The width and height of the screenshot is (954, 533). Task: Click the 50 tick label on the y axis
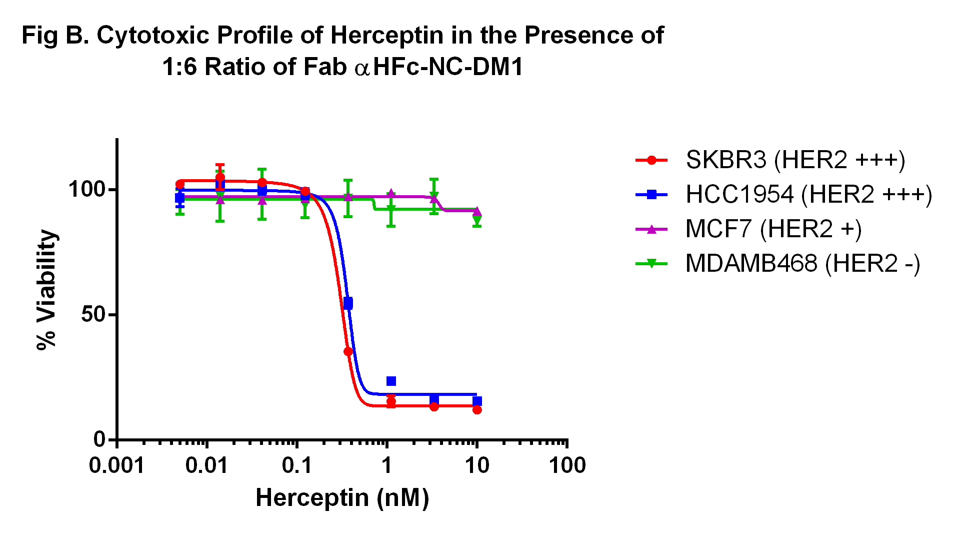click(x=93, y=315)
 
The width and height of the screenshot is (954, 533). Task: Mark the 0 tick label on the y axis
click(x=99, y=439)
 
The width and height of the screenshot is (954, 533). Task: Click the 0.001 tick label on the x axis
click(x=116, y=466)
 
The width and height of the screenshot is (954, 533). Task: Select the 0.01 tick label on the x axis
click(x=206, y=466)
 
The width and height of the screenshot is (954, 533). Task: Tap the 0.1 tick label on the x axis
click(x=296, y=466)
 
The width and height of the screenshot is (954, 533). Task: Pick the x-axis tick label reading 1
click(x=387, y=466)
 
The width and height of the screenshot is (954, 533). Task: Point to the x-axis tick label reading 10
click(x=477, y=466)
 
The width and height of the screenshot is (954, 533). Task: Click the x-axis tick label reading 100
click(x=567, y=466)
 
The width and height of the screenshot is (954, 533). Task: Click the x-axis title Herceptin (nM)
click(x=342, y=498)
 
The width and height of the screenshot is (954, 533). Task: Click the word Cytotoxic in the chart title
click(x=152, y=36)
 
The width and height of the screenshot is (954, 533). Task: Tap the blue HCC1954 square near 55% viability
click(x=348, y=303)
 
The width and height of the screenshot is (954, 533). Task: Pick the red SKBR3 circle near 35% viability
click(x=348, y=352)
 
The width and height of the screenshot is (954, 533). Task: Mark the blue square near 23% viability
click(x=391, y=381)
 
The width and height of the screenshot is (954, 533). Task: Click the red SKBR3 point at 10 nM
click(x=477, y=410)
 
